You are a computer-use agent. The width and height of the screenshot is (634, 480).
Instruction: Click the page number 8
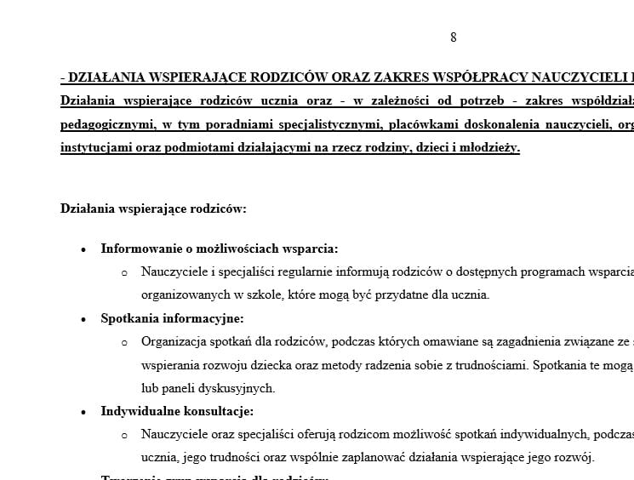454,37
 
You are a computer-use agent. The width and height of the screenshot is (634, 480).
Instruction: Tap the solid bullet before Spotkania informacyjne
83,319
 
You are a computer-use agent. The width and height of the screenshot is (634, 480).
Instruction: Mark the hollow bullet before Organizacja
124,342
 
